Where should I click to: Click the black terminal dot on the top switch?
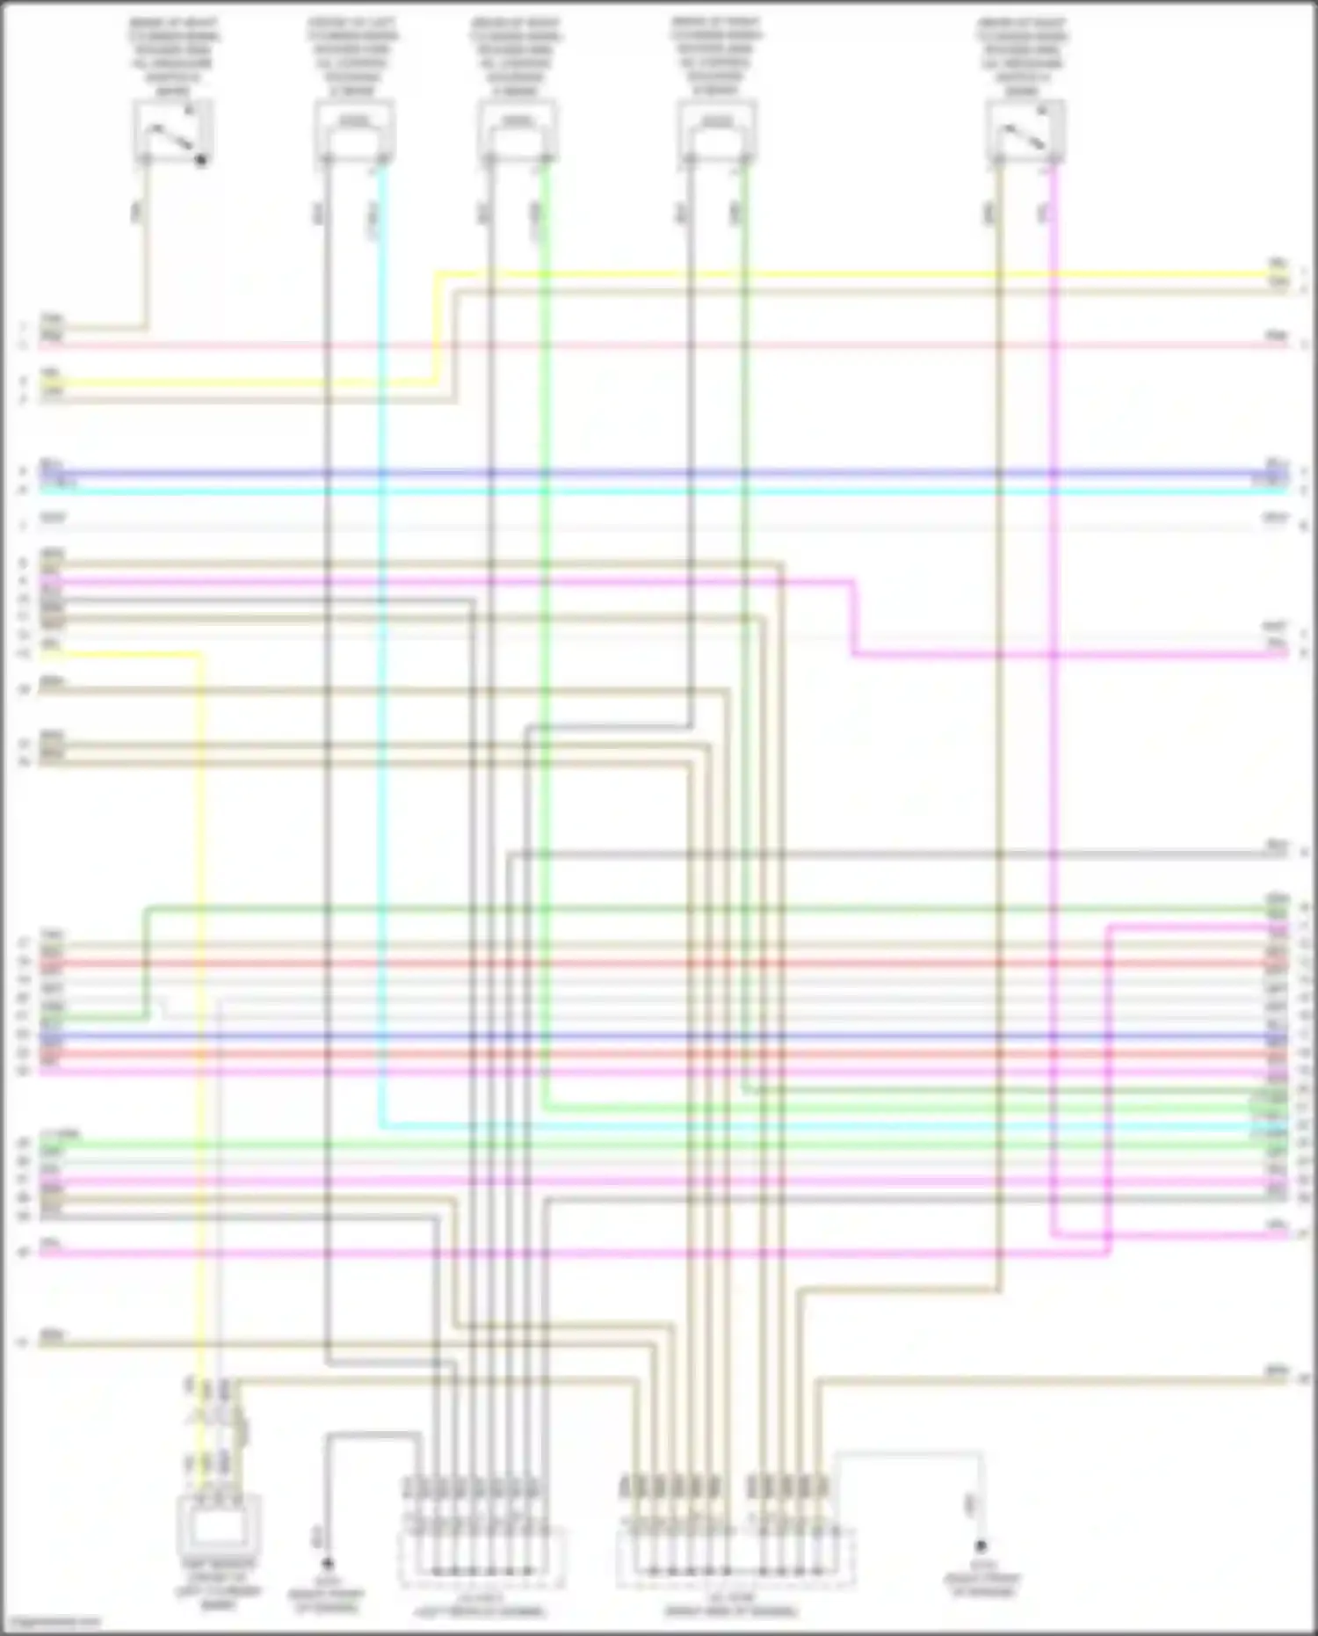point(201,160)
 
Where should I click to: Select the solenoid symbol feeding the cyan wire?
point(354,130)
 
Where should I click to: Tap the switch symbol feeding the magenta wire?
point(1025,131)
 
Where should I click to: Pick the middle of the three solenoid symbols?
point(518,130)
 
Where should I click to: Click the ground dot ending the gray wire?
point(327,1564)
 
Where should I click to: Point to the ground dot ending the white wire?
point(981,1545)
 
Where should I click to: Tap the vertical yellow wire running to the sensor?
point(202,967)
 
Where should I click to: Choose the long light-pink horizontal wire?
point(659,345)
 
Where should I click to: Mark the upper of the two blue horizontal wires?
point(659,473)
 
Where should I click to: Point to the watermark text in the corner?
point(50,1622)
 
